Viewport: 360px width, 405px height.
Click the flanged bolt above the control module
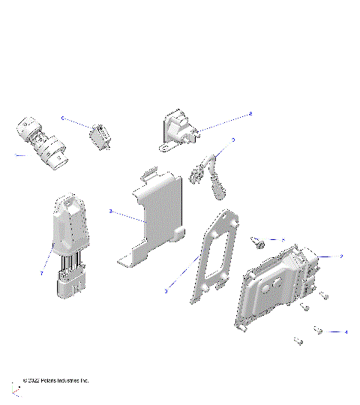[x=259, y=241]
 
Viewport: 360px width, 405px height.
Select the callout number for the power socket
[x=250, y=114]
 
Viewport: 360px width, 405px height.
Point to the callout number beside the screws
[x=346, y=331]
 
